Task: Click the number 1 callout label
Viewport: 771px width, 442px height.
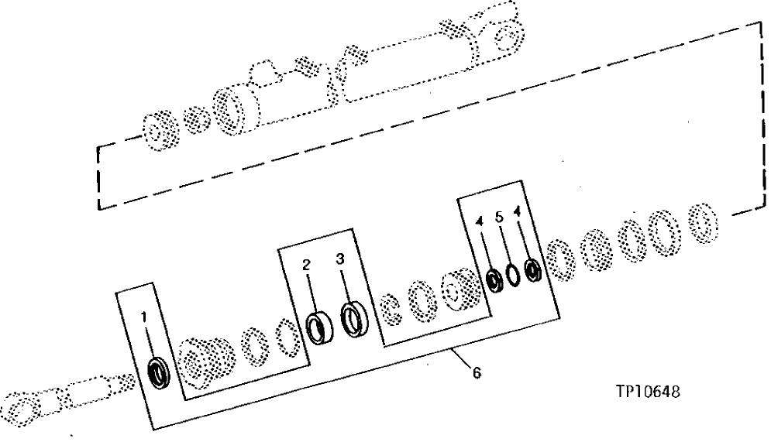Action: coord(143,316)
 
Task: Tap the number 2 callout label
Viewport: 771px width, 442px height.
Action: coord(307,265)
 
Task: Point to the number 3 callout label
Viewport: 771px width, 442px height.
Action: coord(339,260)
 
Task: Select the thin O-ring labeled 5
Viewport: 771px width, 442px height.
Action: coord(513,274)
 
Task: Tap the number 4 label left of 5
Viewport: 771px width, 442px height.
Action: coord(481,222)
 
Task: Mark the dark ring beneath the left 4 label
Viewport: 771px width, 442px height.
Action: coord(493,278)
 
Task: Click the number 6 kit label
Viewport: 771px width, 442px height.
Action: coord(476,374)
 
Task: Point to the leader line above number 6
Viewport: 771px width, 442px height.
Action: coord(463,361)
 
